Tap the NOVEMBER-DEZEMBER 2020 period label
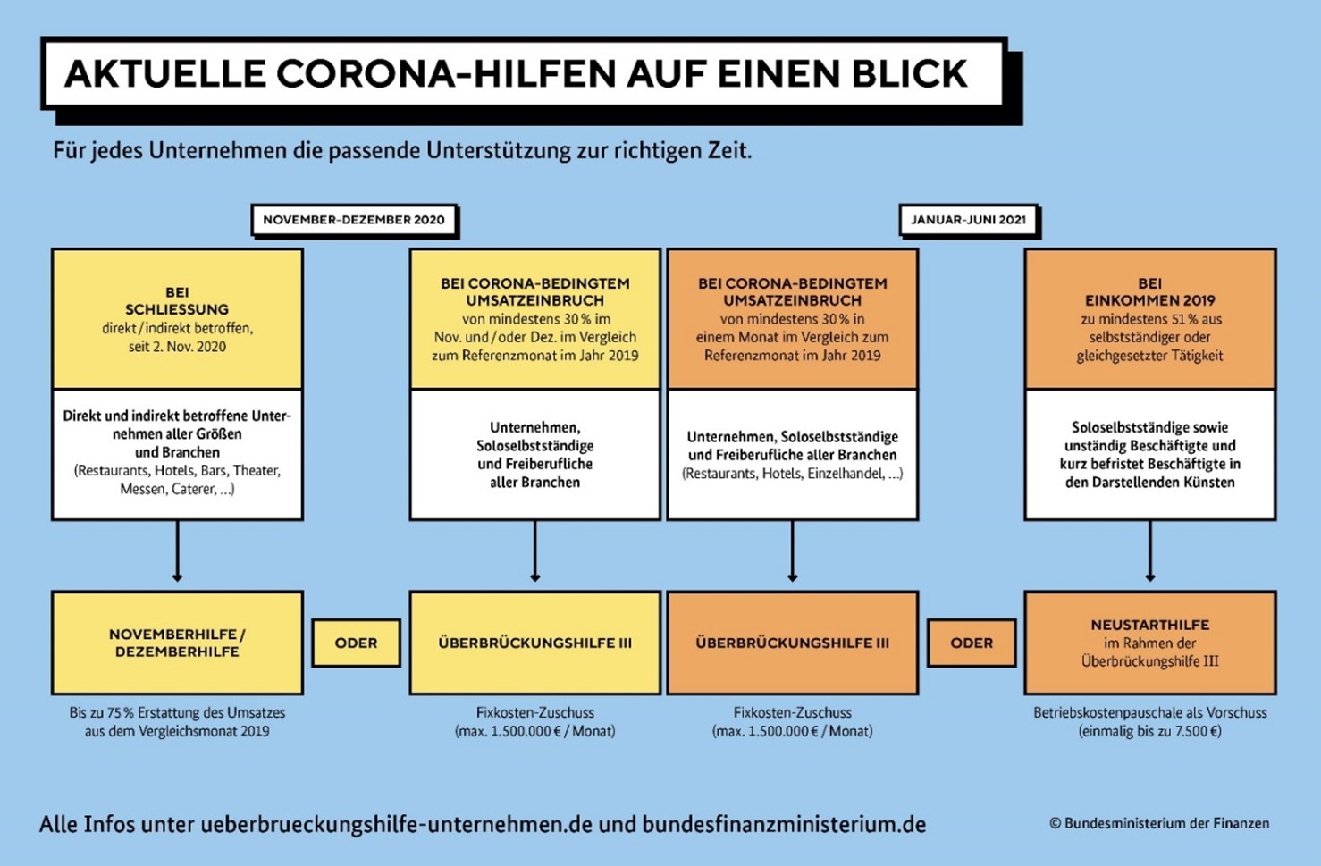tap(354, 220)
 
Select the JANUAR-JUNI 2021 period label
tap(968, 220)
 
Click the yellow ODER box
tap(357, 643)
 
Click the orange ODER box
tap(972, 643)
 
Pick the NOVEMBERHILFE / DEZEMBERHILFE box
tap(178, 643)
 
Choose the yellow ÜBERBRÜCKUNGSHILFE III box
tap(534, 643)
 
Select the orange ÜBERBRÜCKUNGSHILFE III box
tap(793, 643)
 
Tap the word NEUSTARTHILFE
tap(1150, 625)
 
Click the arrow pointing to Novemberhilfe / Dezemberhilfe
tap(178, 551)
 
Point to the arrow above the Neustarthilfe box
tap(1150, 551)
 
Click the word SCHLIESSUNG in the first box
tap(177, 309)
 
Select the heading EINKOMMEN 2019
tap(1150, 300)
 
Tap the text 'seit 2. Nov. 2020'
tap(178, 347)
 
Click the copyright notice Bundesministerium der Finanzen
tap(1159, 824)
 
